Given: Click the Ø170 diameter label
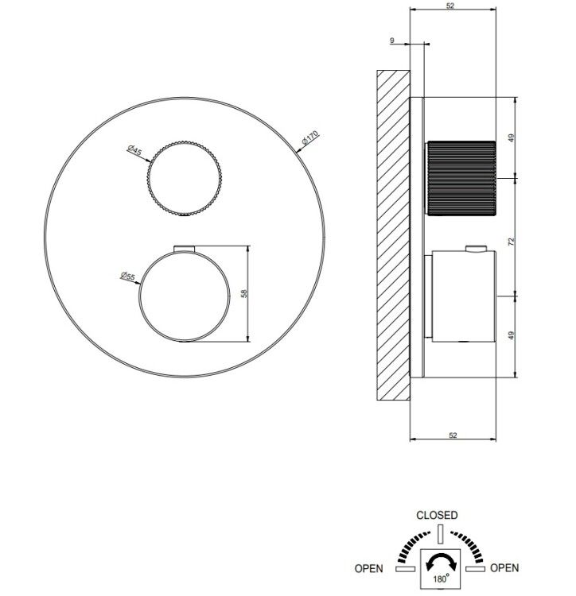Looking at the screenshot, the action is [x=309, y=137].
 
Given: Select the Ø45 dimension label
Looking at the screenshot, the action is [x=134, y=149].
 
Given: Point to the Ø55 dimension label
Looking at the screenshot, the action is [x=128, y=276].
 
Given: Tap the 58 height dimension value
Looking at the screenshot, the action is [x=244, y=293].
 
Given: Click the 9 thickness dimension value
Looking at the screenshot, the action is [x=392, y=41].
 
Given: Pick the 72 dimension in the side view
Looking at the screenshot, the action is [x=511, y=241].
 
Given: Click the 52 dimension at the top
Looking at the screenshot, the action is [x=450, y=6].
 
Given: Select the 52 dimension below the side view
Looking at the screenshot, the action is [x=453, y=435].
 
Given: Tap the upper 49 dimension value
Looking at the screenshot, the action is [x=511, y=137].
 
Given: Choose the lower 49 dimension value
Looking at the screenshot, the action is [x=511, y=335].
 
